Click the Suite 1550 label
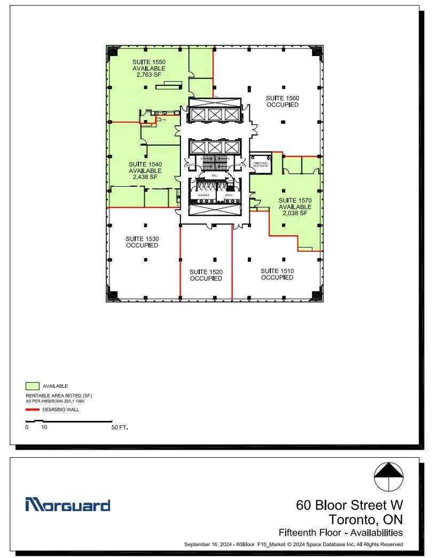click(149, 62)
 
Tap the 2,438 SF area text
click(145, 177)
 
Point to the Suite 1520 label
click(206, 272)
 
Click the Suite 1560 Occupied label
click(282, 101)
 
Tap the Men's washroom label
click(229, 195)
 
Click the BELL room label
click(215, 176)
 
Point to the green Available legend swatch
click(33, 386)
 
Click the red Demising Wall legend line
click(33, 410)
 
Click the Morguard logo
click(68, 505)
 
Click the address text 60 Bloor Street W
click(350, 505)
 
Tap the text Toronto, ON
click(365, 519)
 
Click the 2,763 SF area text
click(149, 75)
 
